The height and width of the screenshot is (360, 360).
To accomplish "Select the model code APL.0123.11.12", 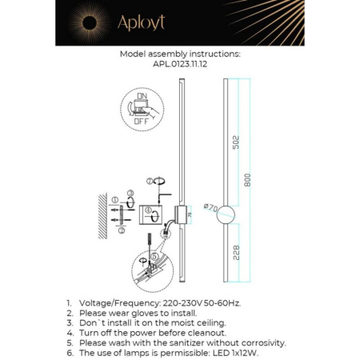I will coord(178,66).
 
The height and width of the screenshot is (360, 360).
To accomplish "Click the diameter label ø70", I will coord(210,208).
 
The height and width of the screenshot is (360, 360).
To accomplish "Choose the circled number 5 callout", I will coord(144,257).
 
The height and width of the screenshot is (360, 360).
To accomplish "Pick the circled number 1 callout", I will coord(114,198).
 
